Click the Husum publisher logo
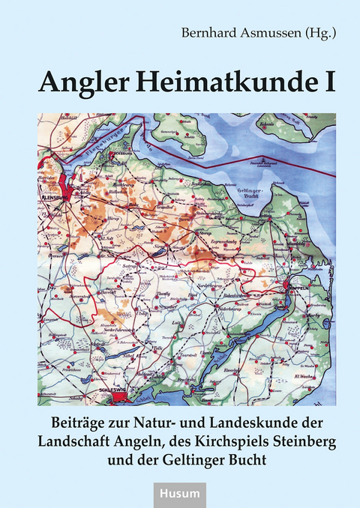click(179, 492)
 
